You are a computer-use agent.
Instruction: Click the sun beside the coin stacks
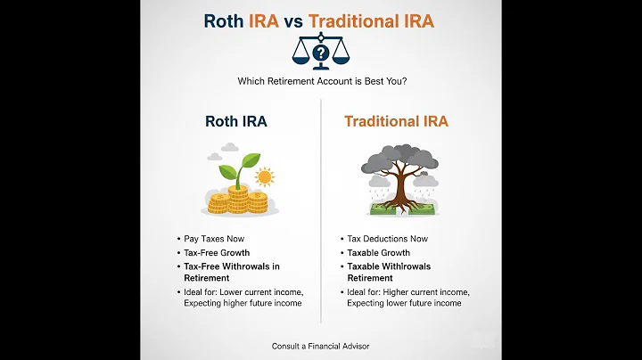pyautogui.click(x=263, y=176)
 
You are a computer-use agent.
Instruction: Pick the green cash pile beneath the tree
pyautogui.click(x=401, y=210)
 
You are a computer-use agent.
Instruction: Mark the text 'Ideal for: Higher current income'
pyautogui.click(x=406, y=291)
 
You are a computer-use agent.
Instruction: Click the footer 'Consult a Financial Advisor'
pyautogui.click(x=320, y=346)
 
